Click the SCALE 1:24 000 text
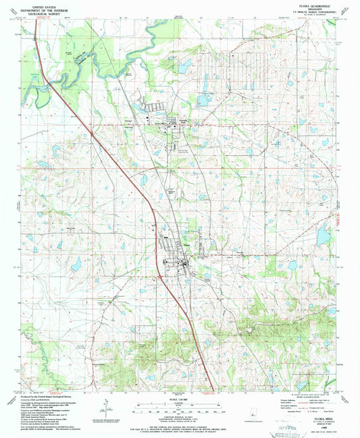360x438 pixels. (180, 400)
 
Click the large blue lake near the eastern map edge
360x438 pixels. (324, 234)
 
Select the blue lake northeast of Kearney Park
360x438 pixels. (203, 101)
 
